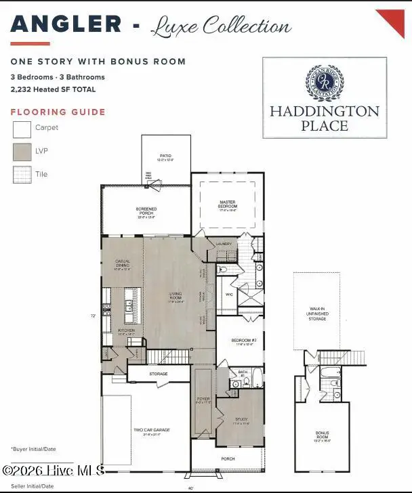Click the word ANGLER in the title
point(66,24)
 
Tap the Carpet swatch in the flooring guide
point(22,129)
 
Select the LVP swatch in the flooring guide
point(22,152)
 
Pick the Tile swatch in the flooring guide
point(22,175)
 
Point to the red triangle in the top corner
point(393,20)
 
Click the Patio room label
point(165,158)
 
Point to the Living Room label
point(176,297)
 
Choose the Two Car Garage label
point(151,431)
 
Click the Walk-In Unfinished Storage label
point(317,313)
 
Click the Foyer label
point(204,400)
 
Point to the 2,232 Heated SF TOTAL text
point(53,89)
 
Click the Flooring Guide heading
point(58,112)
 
